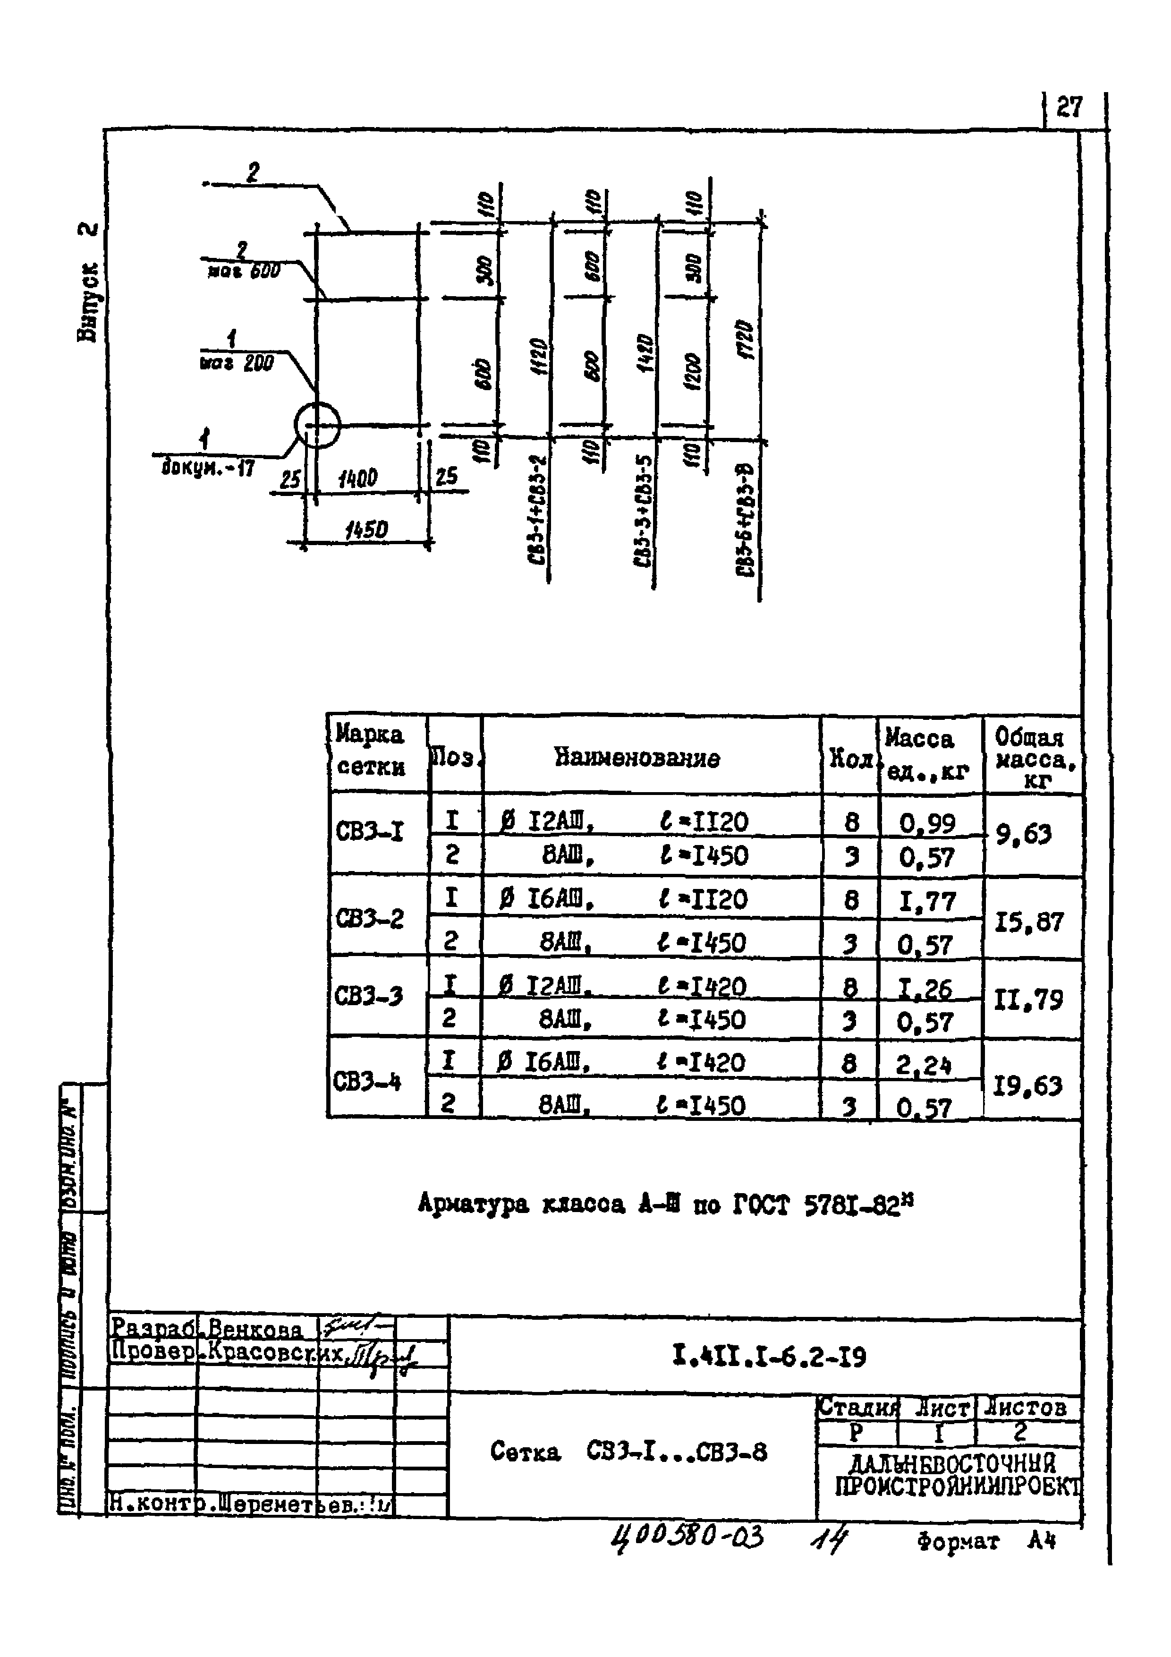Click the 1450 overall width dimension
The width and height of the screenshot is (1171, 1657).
click(366, 530)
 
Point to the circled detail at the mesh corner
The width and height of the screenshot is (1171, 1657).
click(317, 425)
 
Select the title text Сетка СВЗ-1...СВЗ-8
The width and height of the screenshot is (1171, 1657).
click(628, 1451)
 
